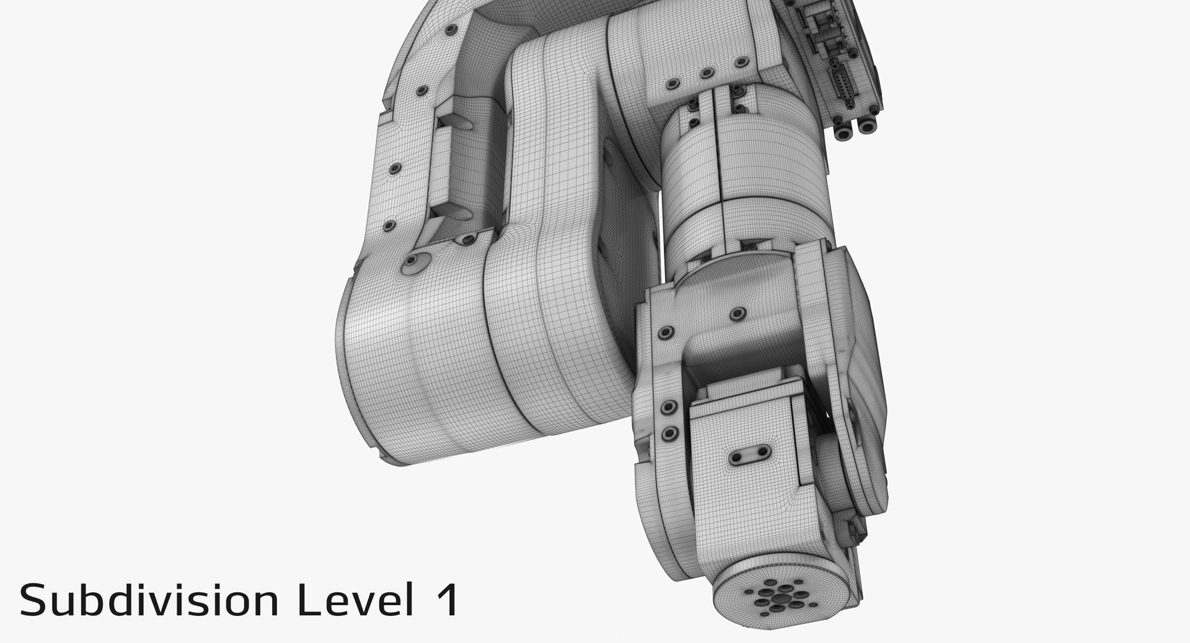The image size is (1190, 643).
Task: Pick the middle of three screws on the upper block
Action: coord(705,73)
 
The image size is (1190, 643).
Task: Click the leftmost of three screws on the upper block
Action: coord(671,82)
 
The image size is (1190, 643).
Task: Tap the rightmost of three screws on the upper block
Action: coord(739,61)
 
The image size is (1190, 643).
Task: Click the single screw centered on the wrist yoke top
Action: coord(736,313)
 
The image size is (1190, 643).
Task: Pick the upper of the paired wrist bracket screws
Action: coord(669,408)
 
